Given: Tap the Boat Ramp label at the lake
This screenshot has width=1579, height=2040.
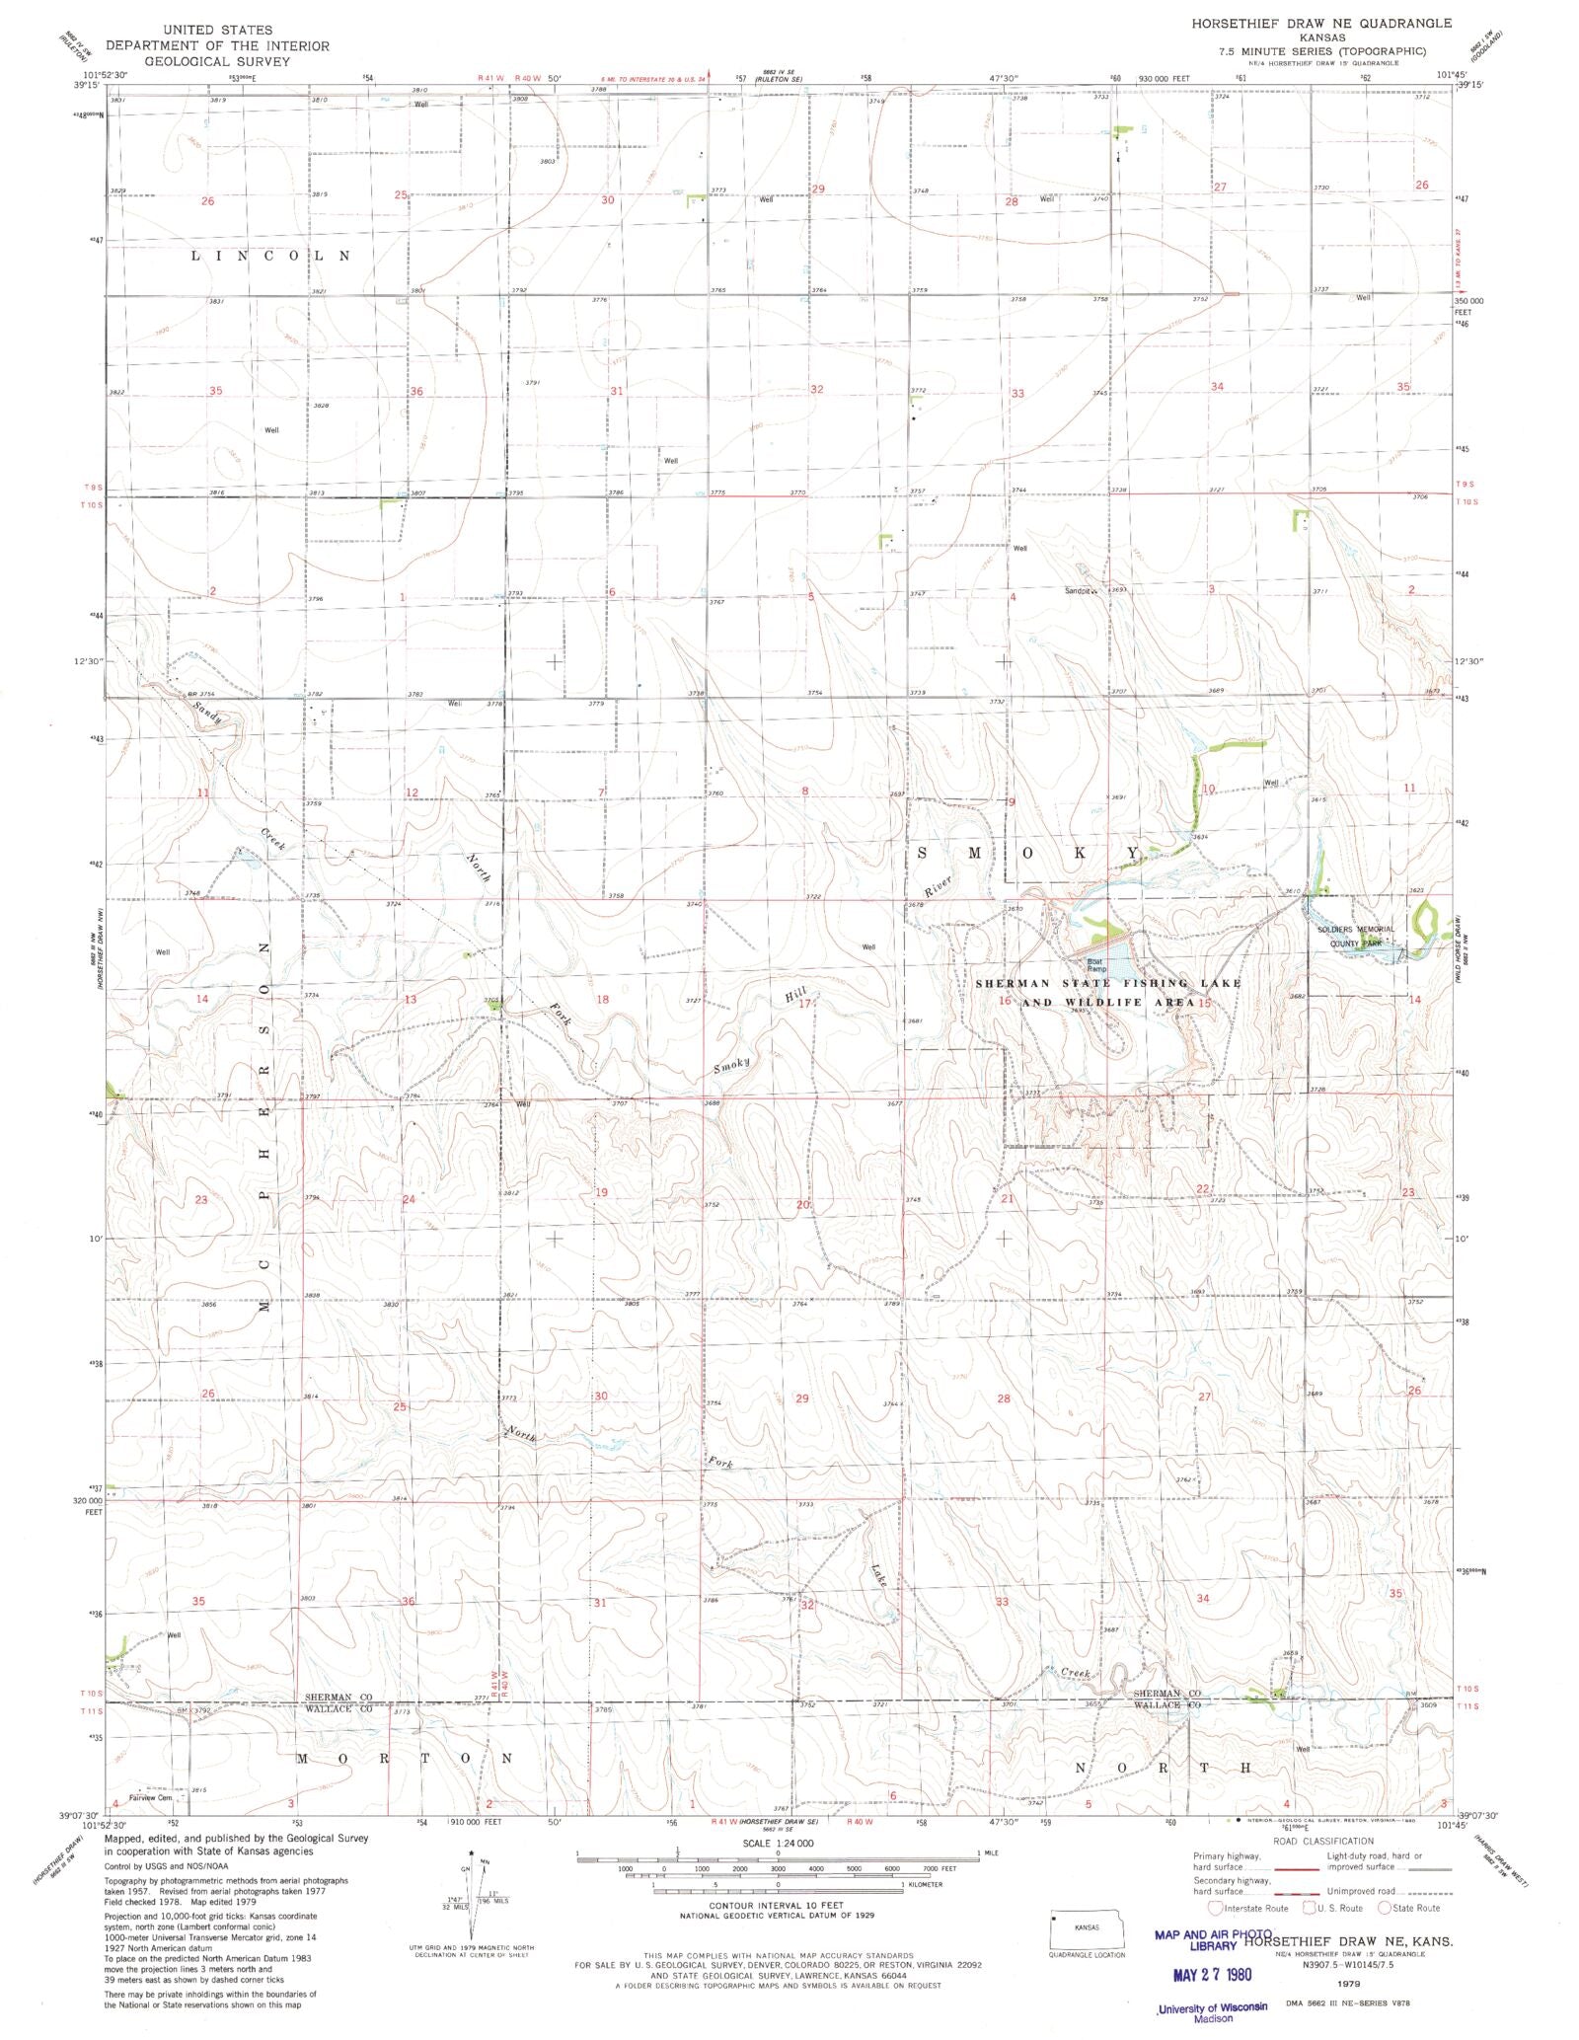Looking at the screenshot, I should click(x=1094, y=965).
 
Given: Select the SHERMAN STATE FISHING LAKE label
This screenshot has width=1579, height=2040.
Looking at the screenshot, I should click(x=1107, y=983).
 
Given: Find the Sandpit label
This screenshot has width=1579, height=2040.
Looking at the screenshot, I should click(x=1080, y=591).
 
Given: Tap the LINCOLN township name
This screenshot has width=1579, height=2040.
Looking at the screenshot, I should click(x=270, y=256).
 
